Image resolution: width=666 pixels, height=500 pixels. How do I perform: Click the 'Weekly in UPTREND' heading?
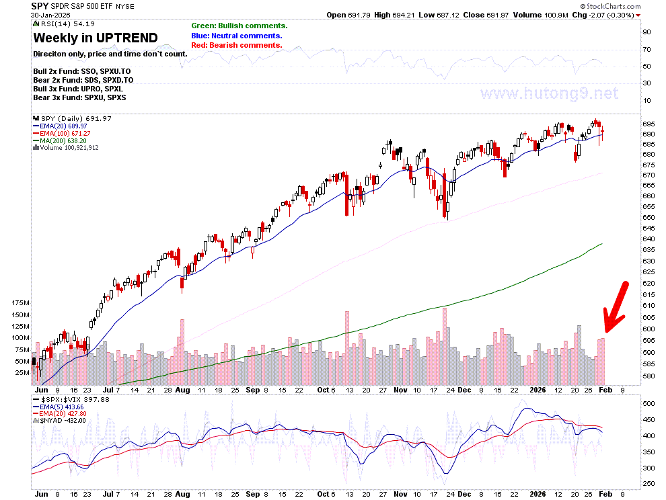click(x=96, y=38)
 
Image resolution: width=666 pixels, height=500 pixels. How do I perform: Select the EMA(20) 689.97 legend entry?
click(x=60, y=126)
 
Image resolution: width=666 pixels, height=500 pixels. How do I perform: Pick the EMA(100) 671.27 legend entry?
click(x=62, y=133)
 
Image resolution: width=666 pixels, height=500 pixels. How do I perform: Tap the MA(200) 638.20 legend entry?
click(x=60, y=140)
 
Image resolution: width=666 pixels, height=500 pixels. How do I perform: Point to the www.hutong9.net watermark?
click(x=549, y=93)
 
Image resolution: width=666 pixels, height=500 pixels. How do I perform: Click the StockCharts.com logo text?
click(x=610, y=6)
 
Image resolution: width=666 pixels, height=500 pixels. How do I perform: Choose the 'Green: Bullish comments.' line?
click(x=239, y=26)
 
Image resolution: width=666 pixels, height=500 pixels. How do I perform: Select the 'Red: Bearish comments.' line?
click(x=237, y=45)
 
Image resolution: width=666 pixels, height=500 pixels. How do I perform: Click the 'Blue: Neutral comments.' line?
click(x=237, y=36)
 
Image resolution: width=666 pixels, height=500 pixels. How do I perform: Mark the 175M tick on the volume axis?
click(x=21, y=303)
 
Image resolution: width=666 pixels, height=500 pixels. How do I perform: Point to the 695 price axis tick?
click(x=649, y=124)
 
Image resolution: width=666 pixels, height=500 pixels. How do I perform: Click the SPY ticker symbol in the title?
click(x=40, y=6)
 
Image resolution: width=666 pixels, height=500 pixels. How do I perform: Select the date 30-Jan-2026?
click(x=50, y=15)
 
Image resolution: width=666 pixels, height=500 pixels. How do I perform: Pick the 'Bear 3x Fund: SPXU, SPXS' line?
click(x=79, y=97)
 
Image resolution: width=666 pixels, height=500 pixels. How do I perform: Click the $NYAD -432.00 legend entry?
click(x=59, y=421)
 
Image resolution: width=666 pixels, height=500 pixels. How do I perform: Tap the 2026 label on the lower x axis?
click(x=538, y=494)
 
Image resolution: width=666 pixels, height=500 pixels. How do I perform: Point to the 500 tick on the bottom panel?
click(x=648, y=404)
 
